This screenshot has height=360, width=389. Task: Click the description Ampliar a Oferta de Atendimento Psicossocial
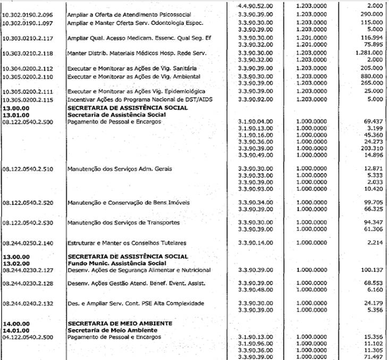tap(129, 14)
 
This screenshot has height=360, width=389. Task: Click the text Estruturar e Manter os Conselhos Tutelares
tap(127, 243)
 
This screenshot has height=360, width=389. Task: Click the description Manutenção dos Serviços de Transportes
tap(123, 222)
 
